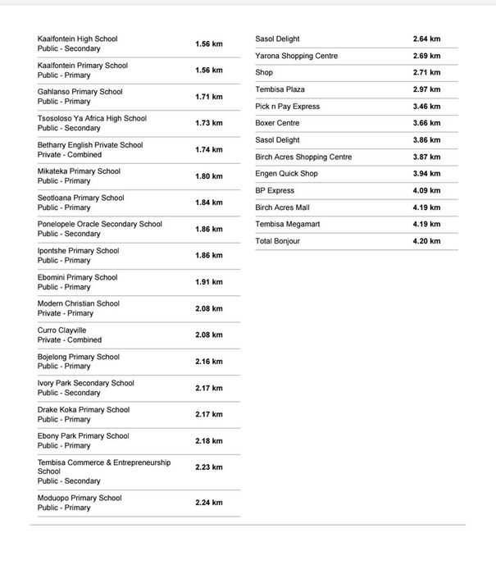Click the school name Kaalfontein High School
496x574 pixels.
[x=77, y=39]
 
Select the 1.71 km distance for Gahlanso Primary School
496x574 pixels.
[x=208, y=97]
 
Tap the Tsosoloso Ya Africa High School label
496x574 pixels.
[x=92, y=118]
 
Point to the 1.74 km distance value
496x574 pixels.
[x=208, y=150]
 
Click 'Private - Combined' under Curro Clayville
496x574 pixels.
[x=70, y=340]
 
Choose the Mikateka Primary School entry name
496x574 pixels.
[x=79, y=171]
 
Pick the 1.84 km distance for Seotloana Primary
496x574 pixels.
[x=208, y=203]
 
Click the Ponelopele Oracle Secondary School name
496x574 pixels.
[x=99, y=224]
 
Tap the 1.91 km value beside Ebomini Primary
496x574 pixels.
[x=208, y=282]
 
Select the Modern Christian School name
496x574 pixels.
[x=78, y=303]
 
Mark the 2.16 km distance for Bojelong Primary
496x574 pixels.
[x=208, y=362]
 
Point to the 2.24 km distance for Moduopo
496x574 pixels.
[x=208, y=503]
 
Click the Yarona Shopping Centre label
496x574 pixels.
[x=296, y=56]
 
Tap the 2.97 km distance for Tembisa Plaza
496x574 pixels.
[x=426, y=89]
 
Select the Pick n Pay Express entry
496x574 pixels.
[x=287, y=107]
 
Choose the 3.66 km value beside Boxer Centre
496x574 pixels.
[x=426, y=123]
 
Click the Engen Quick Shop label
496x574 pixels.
[x=286, y=174]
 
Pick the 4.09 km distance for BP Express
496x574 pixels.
[x=426, y=191]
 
